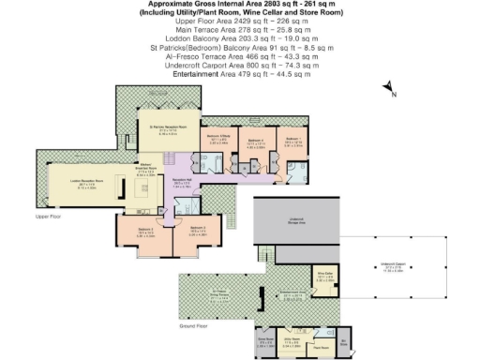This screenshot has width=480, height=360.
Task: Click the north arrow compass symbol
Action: (x=388, y=90)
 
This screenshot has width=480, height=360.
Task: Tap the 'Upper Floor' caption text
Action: (x=48, y=217)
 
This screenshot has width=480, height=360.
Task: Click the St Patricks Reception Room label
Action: (x=164, y=130)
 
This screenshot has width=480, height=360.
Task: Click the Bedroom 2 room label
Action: (x=196, y=229)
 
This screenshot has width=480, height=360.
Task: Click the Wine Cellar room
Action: (x=325, y=278)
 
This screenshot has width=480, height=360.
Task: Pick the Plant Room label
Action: (x=319, y=345)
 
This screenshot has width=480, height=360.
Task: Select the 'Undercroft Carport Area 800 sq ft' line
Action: (x=246, y=68)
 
